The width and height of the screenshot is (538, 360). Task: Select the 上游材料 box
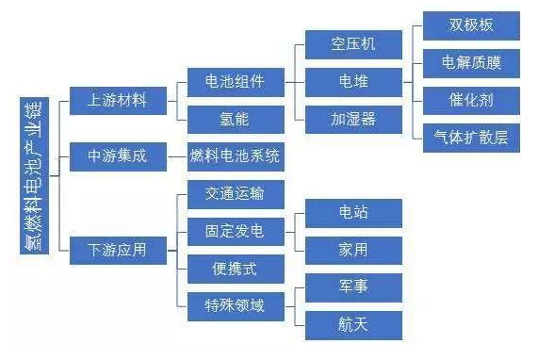click(117, 99)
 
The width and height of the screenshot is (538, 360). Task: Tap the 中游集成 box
click(117, 155)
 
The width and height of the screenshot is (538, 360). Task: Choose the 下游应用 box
click(117, 250)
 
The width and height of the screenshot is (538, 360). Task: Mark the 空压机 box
click(353, 44)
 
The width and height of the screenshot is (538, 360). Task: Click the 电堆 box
click(353, 81)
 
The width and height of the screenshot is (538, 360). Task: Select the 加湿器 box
click(353, 119)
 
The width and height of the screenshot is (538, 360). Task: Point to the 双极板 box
click(471, 25)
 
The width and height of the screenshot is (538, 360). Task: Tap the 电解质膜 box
click(471, 63)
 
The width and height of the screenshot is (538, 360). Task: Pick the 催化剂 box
click(471, 100)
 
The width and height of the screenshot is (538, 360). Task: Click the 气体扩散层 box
click(471, 138)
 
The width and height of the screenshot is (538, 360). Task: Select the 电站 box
click(353, 212)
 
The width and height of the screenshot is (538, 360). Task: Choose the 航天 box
click(353, 324)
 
